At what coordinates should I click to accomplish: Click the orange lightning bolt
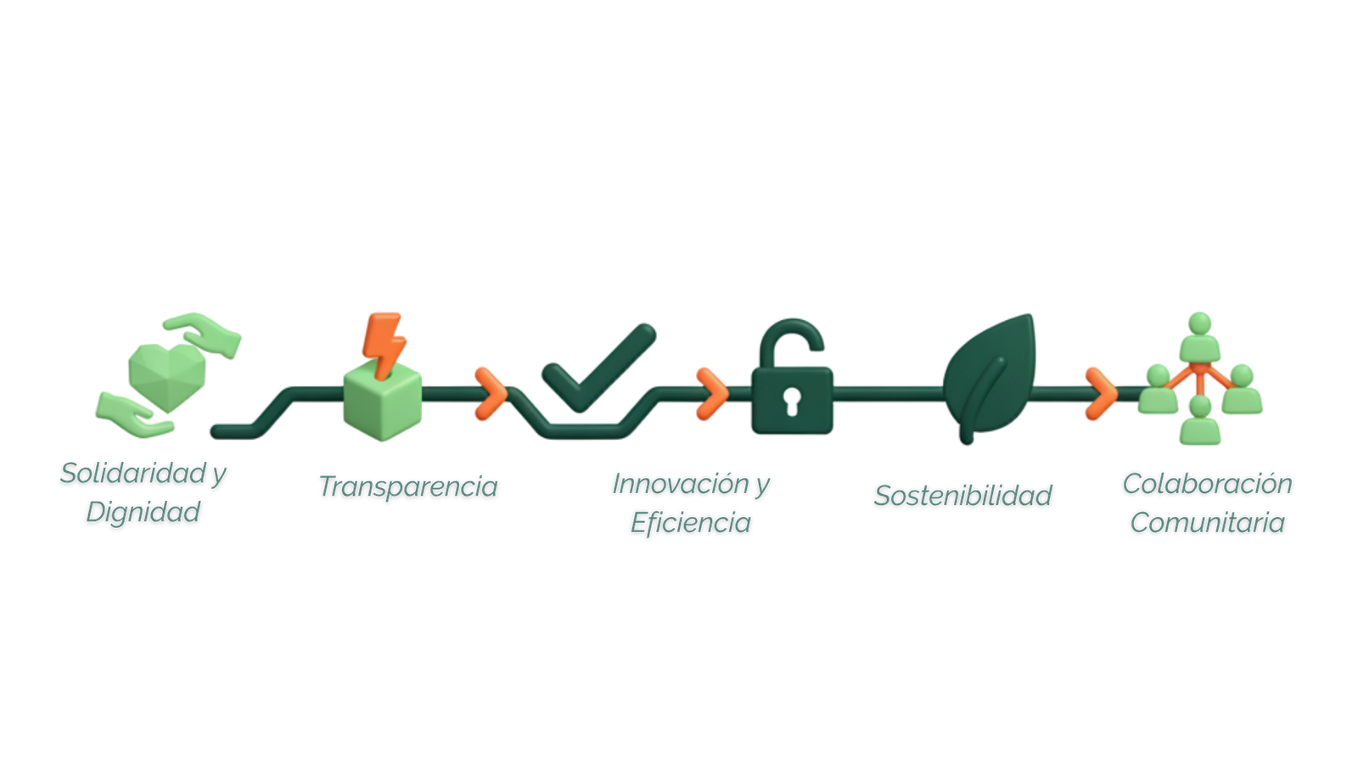pyautogui.click(x=384, y=342)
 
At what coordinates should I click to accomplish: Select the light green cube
pyautogui.click(x=382, y=403)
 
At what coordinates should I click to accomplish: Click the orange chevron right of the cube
pyautogui.click(x=490, y=394)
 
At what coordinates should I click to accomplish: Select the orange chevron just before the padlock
pyautogui.click(x=711, y=394)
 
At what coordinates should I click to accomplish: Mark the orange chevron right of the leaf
pyautogui.click(x=1100, y=394)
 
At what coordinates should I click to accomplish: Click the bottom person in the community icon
pyautogui.click(x=1200, y=422)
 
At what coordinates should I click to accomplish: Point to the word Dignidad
pyautogui.click(x=143, y=513)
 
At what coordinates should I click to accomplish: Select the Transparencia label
pyautogui.click(x=407, y=487)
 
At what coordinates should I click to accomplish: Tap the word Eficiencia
pyautogui.click(x=690, y=523)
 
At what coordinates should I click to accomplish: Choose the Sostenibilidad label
pyautogui.click(x=962, y=496)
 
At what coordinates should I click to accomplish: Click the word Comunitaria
pyautogui.click(x=1207, y=523)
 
